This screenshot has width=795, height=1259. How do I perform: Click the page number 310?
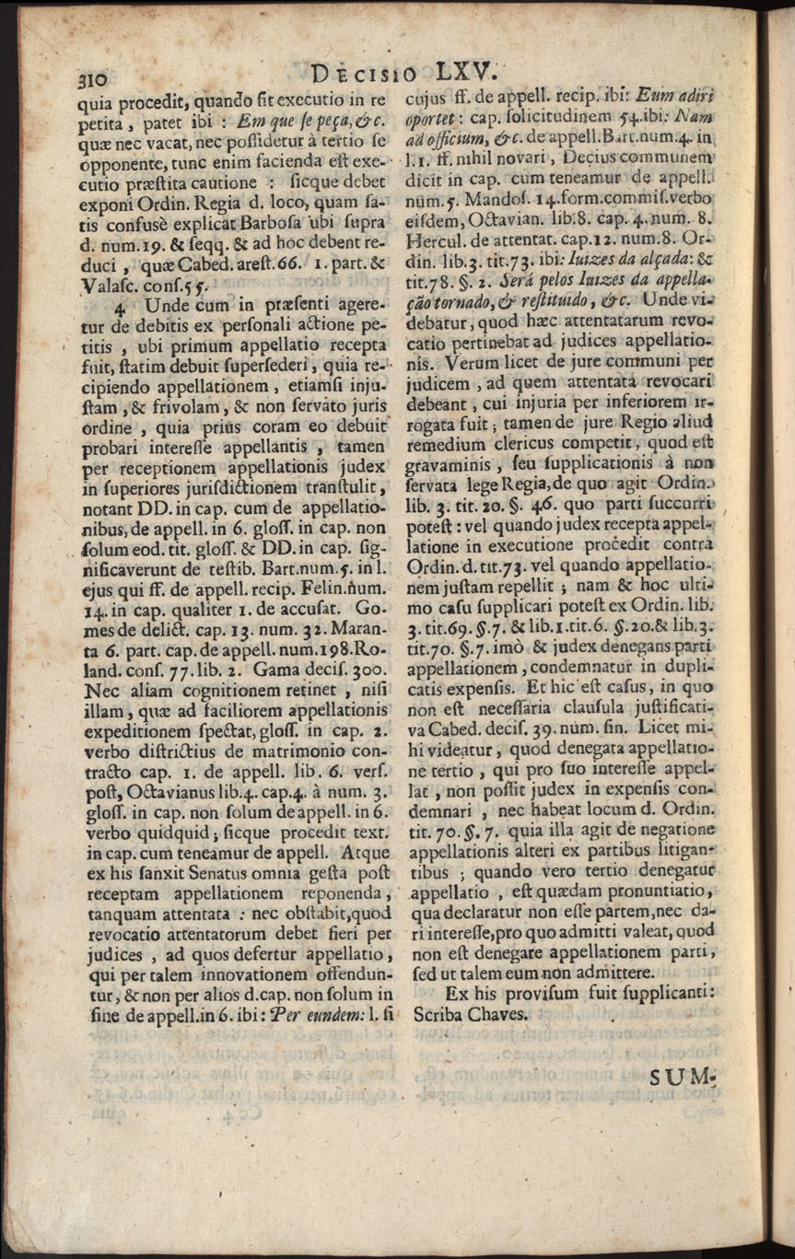point(93,80)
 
